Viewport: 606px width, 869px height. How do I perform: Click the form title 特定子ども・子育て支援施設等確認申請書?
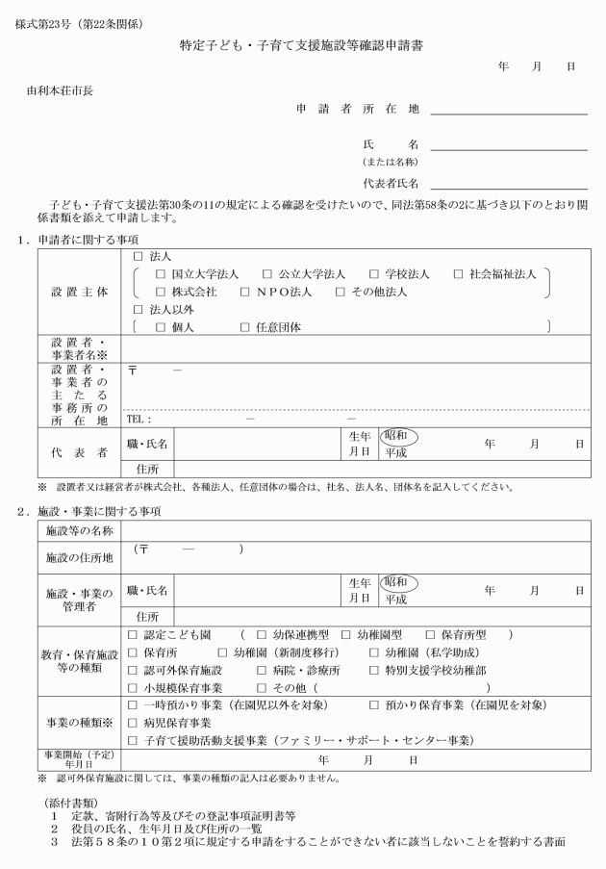(x=302, y=45)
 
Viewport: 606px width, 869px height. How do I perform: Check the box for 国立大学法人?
(x=162, y=274)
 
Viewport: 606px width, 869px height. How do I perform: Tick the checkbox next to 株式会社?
(x=162, y=292)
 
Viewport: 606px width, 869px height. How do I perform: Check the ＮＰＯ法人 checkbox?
(x=245, y=292)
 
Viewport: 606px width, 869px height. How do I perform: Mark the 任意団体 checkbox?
(x=245, y=327)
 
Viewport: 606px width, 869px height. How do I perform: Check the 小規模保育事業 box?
(x=133, y=688)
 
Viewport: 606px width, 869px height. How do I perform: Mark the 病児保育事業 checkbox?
(x=133, y=723)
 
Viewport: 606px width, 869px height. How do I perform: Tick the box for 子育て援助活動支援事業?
(x=133, y=740)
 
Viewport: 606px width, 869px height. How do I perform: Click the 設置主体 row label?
(x=80, y=291)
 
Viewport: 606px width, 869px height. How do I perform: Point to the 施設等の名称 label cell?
(x=80, y=530)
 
